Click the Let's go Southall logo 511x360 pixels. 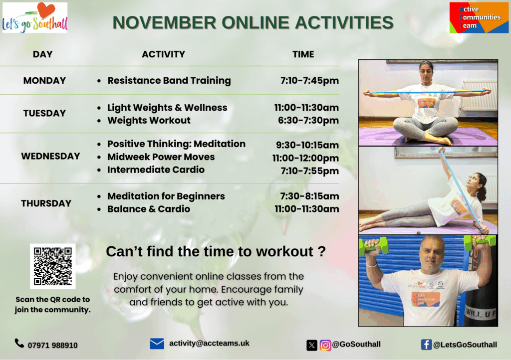pos(35,17)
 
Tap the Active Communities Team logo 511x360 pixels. pos(479,17)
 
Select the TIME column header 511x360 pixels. pos(303,54)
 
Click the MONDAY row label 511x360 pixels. pos(44,80)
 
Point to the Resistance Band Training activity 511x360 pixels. pos(169,80)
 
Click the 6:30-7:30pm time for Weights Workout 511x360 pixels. pos(308,121)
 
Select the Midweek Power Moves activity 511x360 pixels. pos(161,157)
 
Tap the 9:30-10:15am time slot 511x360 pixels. pos(307,145)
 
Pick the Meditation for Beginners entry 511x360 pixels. pos(166,196)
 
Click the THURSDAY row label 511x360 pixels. pos(46,203)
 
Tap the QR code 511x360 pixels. pos(53,266)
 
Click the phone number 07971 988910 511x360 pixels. pos(53,346)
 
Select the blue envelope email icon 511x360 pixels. pos(157,344)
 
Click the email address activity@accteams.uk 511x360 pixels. pos(209,344)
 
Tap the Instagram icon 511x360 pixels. pos(325,345)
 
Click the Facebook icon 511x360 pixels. pos(426,345)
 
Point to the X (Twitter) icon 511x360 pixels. pos(312,345)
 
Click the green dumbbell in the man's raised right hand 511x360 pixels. pos(373,246)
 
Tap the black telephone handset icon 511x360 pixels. pos(19,343)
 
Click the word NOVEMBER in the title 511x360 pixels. pos(164,22)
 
